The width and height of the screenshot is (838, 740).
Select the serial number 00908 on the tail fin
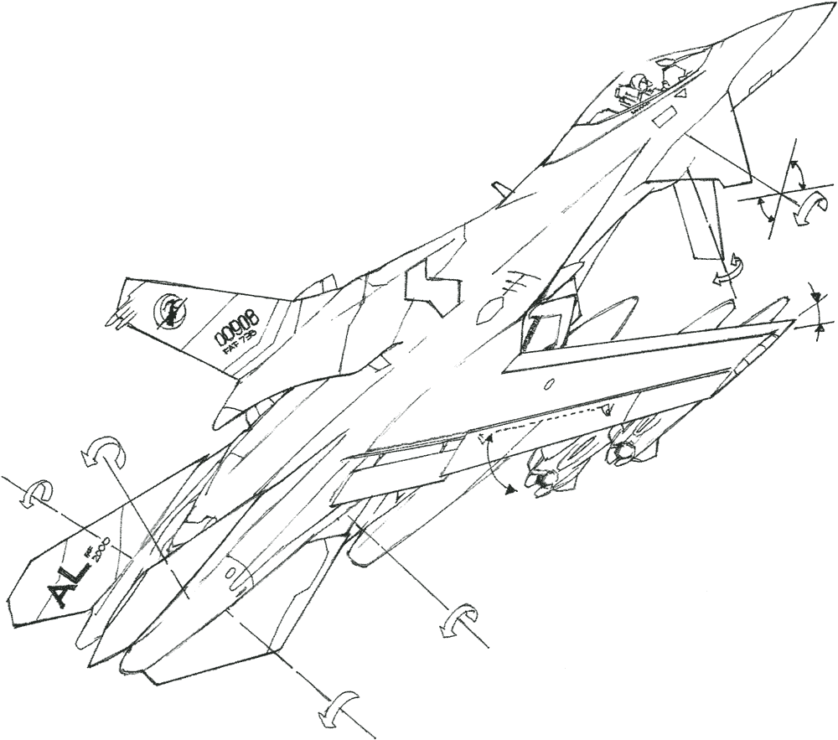click(237, 327)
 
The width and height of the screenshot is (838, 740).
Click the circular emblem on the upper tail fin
click(170, 311)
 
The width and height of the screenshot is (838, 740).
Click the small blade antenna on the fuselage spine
click(499, 190)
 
